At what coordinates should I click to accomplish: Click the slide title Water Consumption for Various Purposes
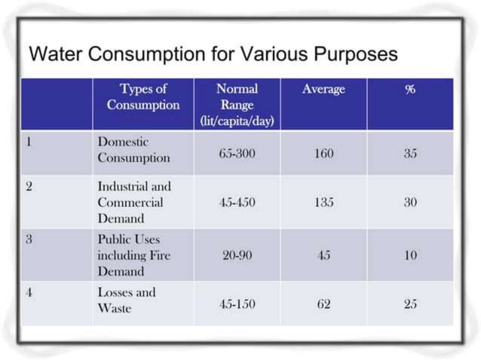click(213, 55)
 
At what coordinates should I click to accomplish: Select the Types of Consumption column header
click(142, 97)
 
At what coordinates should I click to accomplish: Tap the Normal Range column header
click(236, 105)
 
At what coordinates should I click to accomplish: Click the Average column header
click(323, 90)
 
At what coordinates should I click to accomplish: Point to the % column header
click(409, 90)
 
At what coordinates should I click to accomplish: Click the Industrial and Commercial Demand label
click(133, 202)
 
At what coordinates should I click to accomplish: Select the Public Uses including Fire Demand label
click(133, 255)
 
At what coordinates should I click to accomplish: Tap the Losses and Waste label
click(126, 300)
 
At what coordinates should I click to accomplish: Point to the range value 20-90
click(237, 255)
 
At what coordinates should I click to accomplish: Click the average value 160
click(323, 153)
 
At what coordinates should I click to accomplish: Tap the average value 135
click(323, 203)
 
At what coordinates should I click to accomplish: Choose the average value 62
click(323, 304)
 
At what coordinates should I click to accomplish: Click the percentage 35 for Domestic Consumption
click(409, 153)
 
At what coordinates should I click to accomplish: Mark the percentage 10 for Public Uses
click(409, 255)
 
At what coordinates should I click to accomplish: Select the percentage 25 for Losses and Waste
click(409, 304)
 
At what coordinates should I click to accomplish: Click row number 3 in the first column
click(29, 239)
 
